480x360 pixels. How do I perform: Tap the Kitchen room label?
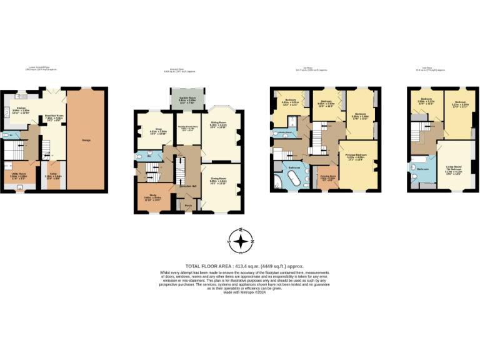[x=21, y=108]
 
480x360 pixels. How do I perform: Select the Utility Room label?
[x=19, y=174]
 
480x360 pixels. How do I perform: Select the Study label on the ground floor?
[x=152, y=195]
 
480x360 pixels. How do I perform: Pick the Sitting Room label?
[x=218, y=124]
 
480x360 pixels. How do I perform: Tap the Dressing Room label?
[x=328, y=176]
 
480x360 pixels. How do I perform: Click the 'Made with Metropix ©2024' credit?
[x=240, y=292]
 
